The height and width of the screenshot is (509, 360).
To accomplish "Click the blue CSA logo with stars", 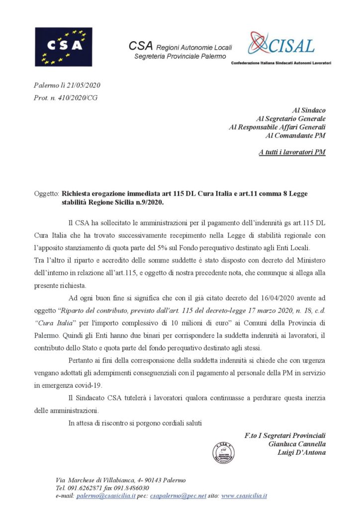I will coord(63,47).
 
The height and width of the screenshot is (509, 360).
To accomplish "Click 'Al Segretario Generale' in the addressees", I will coord(290,118).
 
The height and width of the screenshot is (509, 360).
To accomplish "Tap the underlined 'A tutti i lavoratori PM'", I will coord(292,152).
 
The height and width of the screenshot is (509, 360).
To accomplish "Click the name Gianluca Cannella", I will coord(297,444).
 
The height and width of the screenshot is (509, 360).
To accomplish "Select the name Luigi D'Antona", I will coord(301,452).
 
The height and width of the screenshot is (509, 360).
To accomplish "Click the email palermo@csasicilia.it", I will coord(105,496).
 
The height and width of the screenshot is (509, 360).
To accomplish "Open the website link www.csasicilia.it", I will coord(244,496).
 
